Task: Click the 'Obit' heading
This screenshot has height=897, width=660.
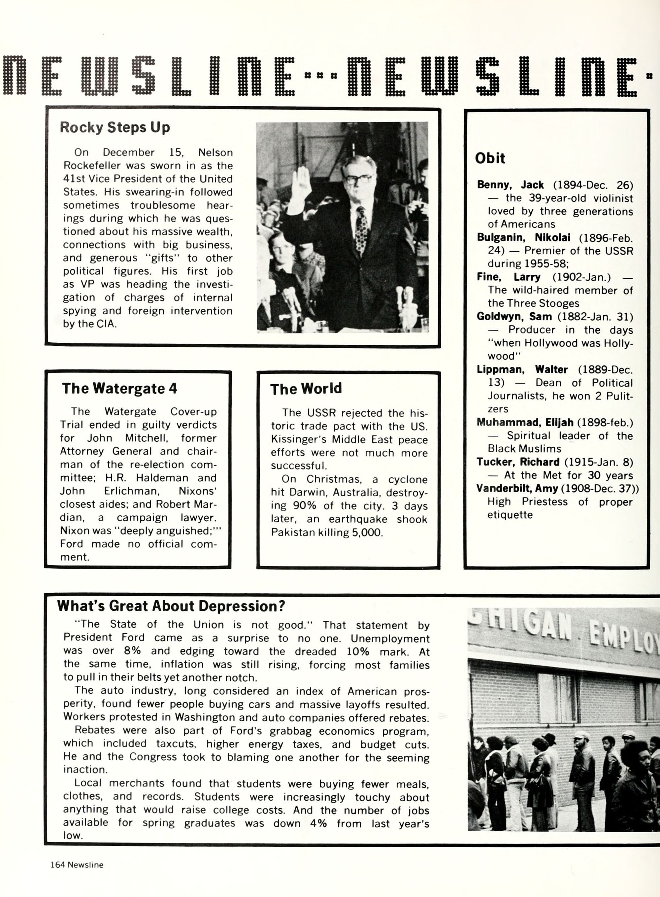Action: point(490,158)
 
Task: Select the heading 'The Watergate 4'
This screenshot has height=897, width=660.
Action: point(119,389)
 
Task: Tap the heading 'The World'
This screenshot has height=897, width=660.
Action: point(306,389)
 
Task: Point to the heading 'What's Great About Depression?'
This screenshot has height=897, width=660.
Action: point(171,606)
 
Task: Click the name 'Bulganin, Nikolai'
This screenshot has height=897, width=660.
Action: point(523,237)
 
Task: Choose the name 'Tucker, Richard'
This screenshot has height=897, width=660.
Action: point(518,462)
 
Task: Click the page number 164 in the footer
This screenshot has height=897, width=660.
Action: point(57,865)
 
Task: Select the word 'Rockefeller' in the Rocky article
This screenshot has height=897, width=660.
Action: point(92,165)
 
